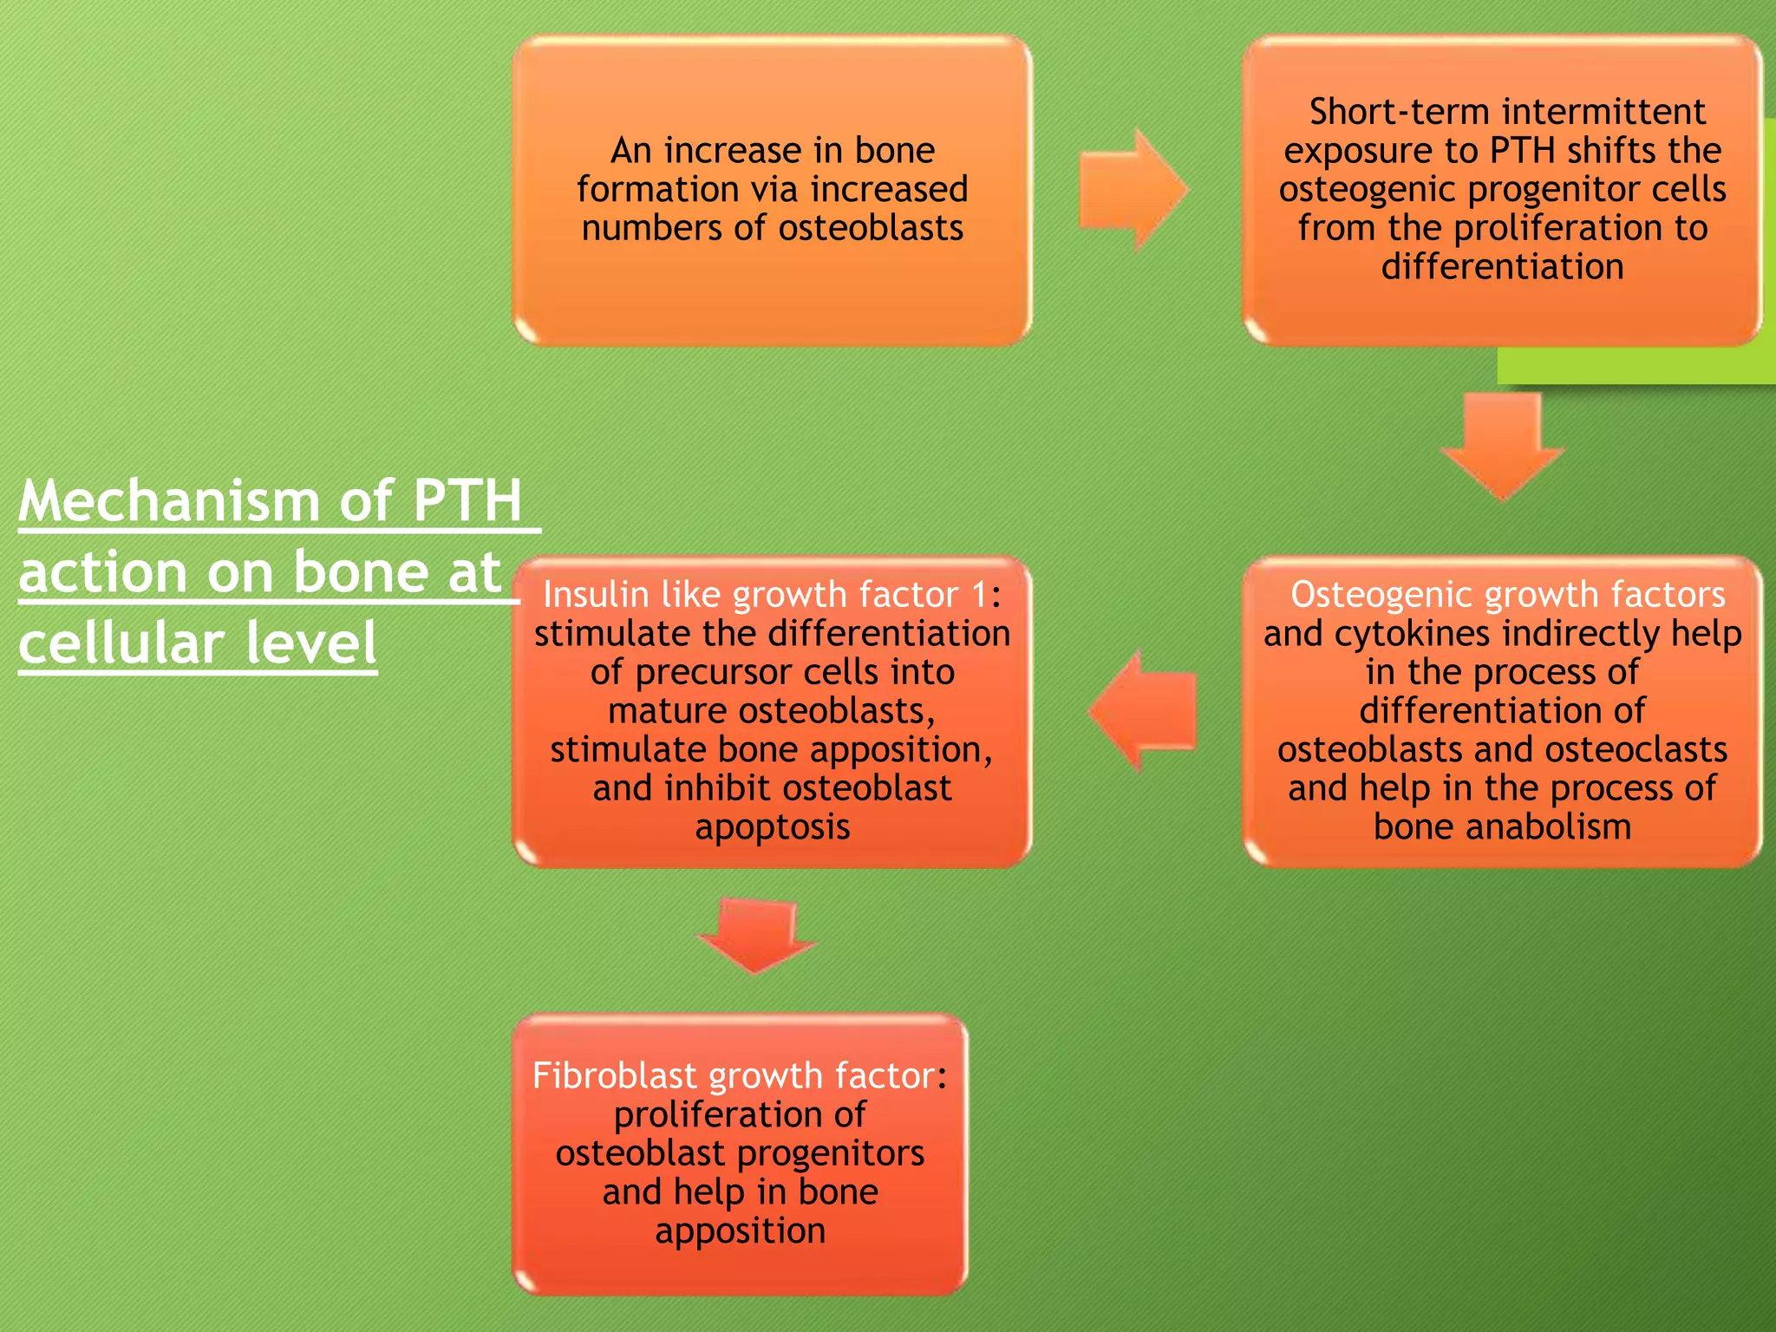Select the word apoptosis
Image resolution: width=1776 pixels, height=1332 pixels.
coord(772,826)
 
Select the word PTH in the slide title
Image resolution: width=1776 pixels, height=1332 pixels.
coord(467,501)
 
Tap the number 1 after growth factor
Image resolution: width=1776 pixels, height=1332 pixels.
coord(979,595)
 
